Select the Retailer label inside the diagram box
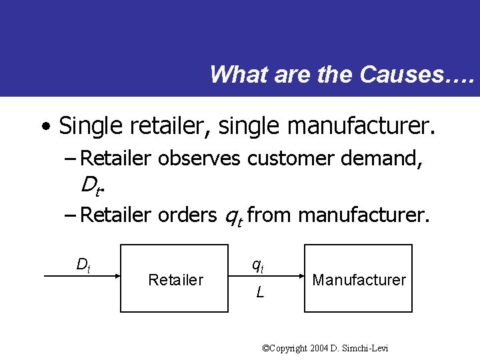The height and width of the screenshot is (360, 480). (x=175, y=280)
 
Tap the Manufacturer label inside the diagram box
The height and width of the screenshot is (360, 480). (x=359, y=280)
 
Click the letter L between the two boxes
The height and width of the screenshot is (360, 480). (x=259, y=292)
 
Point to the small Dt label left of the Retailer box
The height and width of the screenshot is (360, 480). (x=83, y=265)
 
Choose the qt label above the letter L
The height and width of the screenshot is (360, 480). (x=258, y=265)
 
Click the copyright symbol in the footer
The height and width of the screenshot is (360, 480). (x=267, y=348)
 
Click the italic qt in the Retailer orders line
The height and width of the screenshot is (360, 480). (x=233, y=216)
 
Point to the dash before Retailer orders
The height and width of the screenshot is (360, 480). (x=71, y=215)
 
